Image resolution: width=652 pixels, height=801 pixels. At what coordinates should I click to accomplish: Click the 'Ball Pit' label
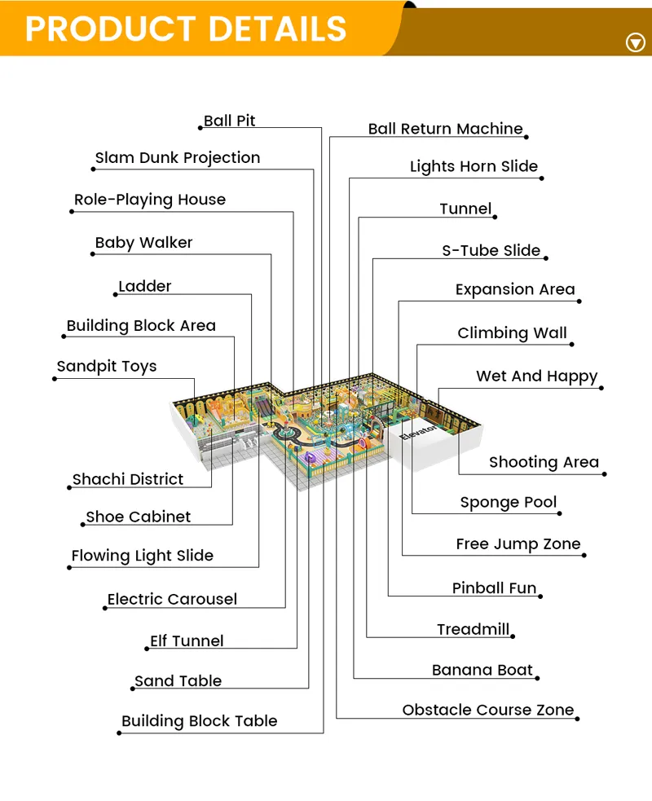click(x=230, y=121)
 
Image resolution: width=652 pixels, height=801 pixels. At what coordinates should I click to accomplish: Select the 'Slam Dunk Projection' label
click(x=178, y=158)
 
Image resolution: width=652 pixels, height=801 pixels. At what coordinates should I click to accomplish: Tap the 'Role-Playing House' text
click(x=150, y=200)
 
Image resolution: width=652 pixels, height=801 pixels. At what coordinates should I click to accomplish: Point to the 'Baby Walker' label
click(x=143, y=243)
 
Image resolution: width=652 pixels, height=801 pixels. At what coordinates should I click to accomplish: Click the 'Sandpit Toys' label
click(x=106, y=366)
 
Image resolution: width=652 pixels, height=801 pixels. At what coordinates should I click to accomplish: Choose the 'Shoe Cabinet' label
click(x=138, y=517)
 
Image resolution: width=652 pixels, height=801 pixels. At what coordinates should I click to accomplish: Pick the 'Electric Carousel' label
click(x=172, y=599)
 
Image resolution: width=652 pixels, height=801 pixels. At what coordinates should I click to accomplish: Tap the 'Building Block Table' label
click(x=200, y=721)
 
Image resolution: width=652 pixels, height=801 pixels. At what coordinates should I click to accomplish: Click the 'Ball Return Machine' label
click(x=446, y=129)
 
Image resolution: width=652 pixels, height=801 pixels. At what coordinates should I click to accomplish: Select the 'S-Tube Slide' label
click(x=491, y=250)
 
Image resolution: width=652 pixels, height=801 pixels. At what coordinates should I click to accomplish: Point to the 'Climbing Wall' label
click(x=512, y=333)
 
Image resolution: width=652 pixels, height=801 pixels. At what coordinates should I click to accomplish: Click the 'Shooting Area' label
click(x=544, y=462)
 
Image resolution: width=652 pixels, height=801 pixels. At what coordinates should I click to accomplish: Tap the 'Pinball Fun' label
click(x=494, y=588)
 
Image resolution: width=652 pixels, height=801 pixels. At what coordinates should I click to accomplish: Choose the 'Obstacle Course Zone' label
click(x=488, y=710)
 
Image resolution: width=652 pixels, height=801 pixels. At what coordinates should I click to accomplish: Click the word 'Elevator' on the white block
click(x=418, y=432)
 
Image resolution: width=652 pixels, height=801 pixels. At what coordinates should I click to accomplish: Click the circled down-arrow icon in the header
click(x=635, y=42)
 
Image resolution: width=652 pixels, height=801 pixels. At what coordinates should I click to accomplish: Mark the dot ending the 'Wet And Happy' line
click(x=601, y=388)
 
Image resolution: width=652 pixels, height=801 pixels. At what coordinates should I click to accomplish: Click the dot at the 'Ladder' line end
click(x=116, y=295)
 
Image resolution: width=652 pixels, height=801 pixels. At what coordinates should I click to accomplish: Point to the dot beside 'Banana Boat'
click(x=538, y=679)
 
